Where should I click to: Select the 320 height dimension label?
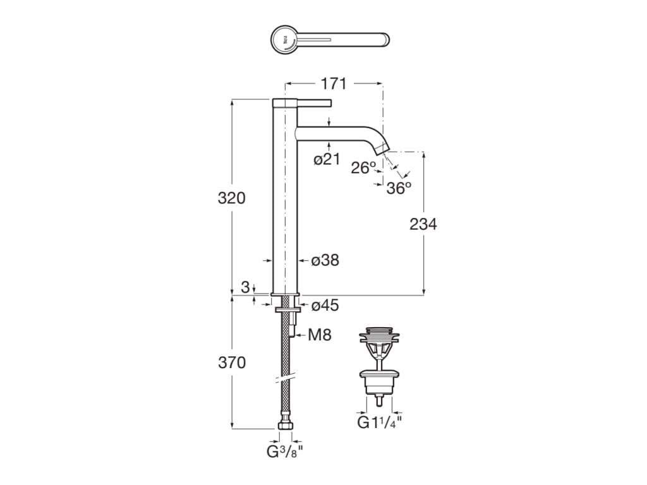point(231,198)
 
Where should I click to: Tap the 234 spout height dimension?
point(423,224)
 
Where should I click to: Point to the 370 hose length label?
point(231,363)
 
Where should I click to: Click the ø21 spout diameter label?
point(327,160)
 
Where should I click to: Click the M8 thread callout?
point(320,335)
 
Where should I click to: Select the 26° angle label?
point(363,168)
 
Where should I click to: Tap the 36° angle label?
point(399,188)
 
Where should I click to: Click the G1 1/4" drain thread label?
point(380,422)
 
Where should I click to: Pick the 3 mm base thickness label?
point(245,287)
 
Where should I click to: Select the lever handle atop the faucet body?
point(314,102)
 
